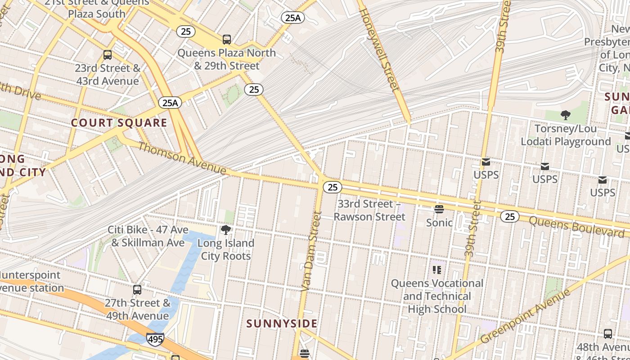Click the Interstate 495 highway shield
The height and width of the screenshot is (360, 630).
point(155,339)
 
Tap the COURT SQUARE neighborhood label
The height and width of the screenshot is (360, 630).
point(119,123)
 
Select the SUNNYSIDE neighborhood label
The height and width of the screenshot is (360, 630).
point(282,324)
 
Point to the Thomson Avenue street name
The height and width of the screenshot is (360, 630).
point(182,158)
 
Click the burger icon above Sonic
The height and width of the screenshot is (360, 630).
point(439,209)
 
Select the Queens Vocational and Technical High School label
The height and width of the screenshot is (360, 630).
point(437,296)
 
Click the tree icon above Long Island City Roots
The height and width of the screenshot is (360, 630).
point(226,230)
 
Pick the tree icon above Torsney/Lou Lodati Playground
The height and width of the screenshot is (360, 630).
point(566,116)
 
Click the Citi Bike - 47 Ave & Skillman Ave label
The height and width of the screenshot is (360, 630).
point(148,236)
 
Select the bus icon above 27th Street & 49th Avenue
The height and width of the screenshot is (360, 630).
point(137,290)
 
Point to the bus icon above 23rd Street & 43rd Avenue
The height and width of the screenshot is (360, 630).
point(108,55)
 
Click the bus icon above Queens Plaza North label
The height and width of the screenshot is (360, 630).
point(227,40)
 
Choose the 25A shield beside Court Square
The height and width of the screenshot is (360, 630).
point(170,103)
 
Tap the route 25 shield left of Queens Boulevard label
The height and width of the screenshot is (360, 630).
point(509,217)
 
